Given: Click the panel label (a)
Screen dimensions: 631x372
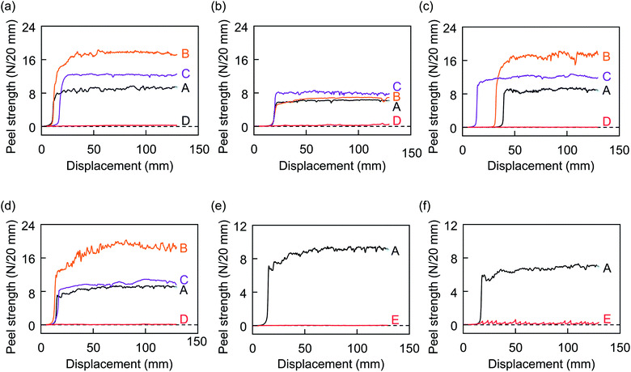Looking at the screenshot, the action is coord(8,6).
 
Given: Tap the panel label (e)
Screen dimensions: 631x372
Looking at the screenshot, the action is coord(219,207).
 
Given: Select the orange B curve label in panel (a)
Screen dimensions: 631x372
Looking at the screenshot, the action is coord(185,53).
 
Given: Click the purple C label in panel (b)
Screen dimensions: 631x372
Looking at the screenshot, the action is coord(396,86).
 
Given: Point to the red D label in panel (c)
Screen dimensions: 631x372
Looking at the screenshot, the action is coord(607,121).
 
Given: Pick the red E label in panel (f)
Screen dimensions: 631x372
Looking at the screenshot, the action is coord(607,319).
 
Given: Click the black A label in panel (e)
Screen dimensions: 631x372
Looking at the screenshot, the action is coord(395,252).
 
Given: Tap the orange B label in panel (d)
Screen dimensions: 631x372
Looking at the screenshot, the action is coord(184,248).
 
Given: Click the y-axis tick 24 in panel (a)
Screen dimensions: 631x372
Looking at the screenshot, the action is coord(29,27).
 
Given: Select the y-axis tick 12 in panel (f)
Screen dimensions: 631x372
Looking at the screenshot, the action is coord(451,225).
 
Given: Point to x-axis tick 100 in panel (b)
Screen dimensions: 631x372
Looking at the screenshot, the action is coord(358,149).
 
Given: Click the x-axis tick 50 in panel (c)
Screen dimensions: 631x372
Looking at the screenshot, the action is coord(515,150).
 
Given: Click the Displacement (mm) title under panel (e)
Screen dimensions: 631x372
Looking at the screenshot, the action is coord(331,364).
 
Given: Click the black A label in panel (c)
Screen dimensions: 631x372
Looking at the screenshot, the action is coord(606,91).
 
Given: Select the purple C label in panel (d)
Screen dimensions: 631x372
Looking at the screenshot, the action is coord(184,280).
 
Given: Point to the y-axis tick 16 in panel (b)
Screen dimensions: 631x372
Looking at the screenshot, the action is coord(240,60).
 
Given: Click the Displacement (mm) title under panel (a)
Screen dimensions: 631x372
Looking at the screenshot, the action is coord(120,166).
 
